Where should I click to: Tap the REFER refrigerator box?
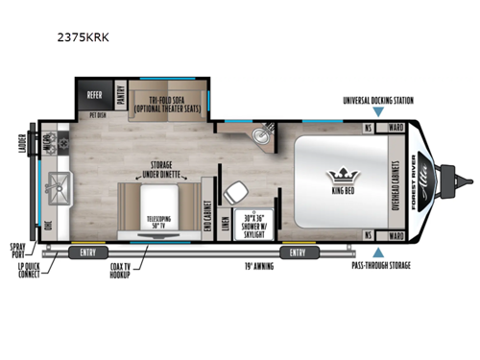[94, 95]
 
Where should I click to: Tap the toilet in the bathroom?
[233, 193]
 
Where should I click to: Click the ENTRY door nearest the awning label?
[292, 252]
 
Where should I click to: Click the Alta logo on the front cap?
[438, 181]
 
